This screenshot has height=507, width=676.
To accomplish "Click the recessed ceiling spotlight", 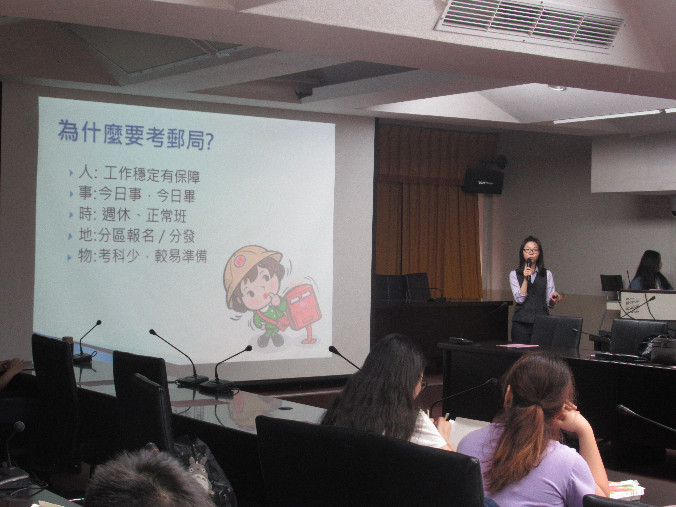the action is pos(557,88).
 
